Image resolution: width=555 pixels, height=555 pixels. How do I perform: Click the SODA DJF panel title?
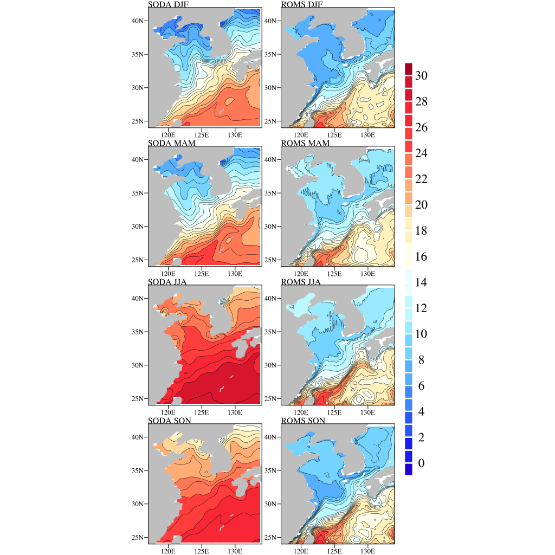tap(172, 5)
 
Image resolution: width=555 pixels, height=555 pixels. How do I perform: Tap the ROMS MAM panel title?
tap(307, 143)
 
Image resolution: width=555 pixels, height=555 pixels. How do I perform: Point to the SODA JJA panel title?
tap(171, 282)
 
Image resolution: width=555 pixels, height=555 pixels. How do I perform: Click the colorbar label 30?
tap(421, 76)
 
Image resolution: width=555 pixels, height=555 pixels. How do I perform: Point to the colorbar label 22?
tap(421, 179)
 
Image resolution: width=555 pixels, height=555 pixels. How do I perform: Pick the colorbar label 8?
tap(418, 360)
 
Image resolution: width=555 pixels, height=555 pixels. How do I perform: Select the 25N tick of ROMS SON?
tap(272, 537)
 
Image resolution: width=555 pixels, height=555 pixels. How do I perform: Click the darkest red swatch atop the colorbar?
tap(409, 69)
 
